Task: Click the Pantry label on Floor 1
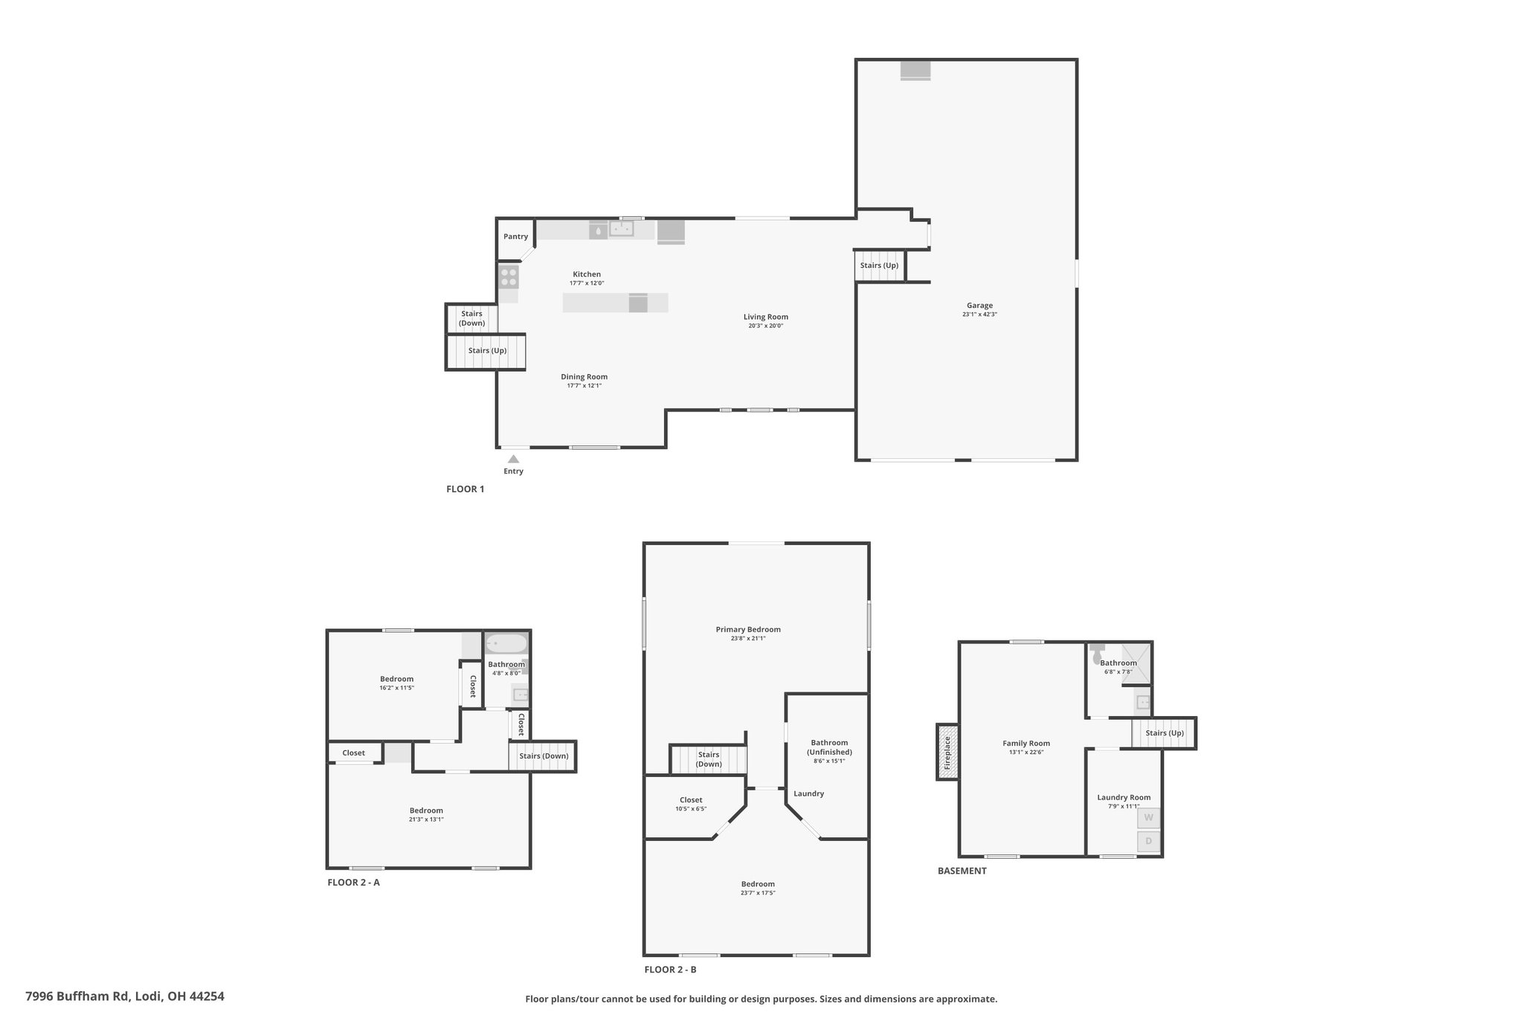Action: coord(515,236)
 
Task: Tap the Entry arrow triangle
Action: coord(513,459)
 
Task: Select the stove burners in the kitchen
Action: coord(509,277)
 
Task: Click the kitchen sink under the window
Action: coord(621,229)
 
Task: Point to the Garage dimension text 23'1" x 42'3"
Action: coord(979,315)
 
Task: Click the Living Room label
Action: coord(766,317)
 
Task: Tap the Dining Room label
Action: coord(585,377)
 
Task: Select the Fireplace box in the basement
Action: coord(947,752)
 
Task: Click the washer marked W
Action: coord(1148,818)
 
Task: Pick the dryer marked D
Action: coord(1148,842)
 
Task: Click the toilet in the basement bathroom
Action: coord(1098,653)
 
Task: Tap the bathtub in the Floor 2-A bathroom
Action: coord(506,643)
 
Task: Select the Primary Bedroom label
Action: coord(748,630)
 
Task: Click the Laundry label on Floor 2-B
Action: coord(808,793)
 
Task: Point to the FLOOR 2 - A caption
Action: coord(354,883)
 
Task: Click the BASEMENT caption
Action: coord(962,871)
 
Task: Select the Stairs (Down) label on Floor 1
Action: coord(471,318)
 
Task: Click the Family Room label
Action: coord(1026,744)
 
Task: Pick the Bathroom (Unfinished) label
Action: coord(829,747)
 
